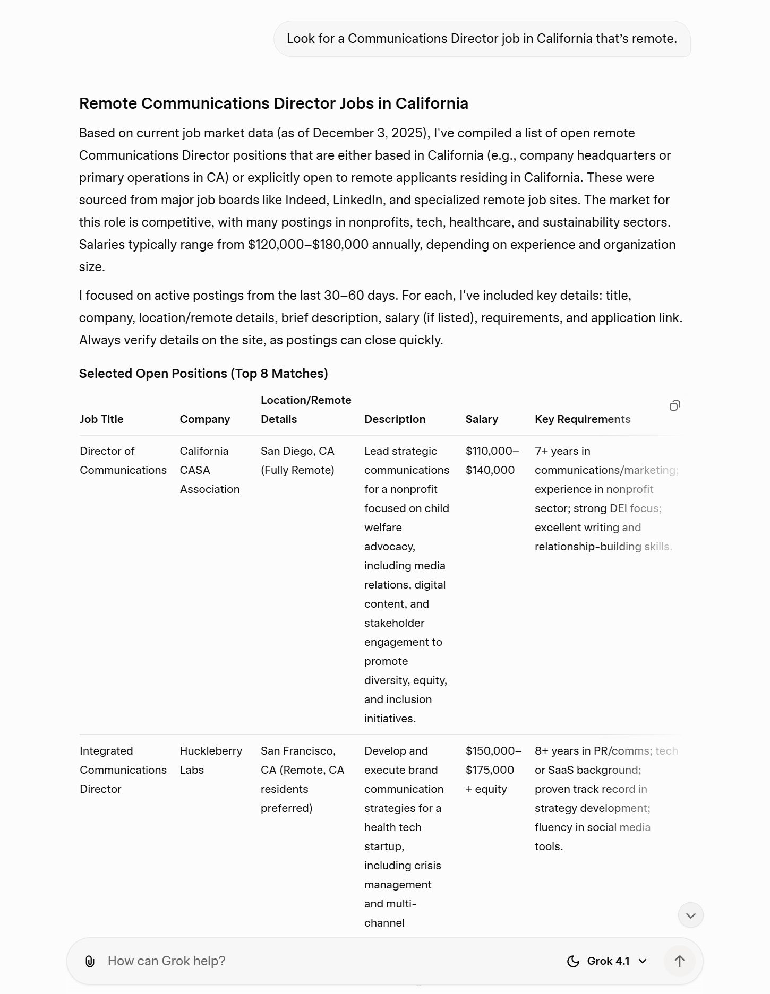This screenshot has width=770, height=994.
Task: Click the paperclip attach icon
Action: point(90,961)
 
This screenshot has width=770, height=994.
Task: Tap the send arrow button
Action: point(679,961)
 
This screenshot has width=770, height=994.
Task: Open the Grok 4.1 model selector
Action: point(608,961)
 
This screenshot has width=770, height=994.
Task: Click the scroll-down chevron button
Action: point(690,915)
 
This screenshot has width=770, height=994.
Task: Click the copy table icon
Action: point(674,406)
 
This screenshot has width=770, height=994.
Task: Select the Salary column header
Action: point(482,419)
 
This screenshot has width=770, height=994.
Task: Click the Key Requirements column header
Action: point(583,419)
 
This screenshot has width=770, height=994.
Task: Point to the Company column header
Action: point(204,419)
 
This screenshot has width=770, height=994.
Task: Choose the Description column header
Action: point(395,419)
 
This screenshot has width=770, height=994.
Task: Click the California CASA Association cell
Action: point(209,470)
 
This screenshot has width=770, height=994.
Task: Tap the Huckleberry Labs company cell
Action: point(210,760)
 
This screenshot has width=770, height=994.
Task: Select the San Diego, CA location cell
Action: point(297,461)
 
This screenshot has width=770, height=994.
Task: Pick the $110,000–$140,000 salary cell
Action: point(492,461)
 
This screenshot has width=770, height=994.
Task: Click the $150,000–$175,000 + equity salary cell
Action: point(493,770)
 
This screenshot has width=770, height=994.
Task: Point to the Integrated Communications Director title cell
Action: point(123,770)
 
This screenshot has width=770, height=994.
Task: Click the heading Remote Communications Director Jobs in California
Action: point(273,103)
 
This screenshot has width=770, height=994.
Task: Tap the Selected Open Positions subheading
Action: point(203,374)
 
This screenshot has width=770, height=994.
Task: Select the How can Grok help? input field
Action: point(319,961)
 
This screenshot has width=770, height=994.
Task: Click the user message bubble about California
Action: point(482,39)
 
